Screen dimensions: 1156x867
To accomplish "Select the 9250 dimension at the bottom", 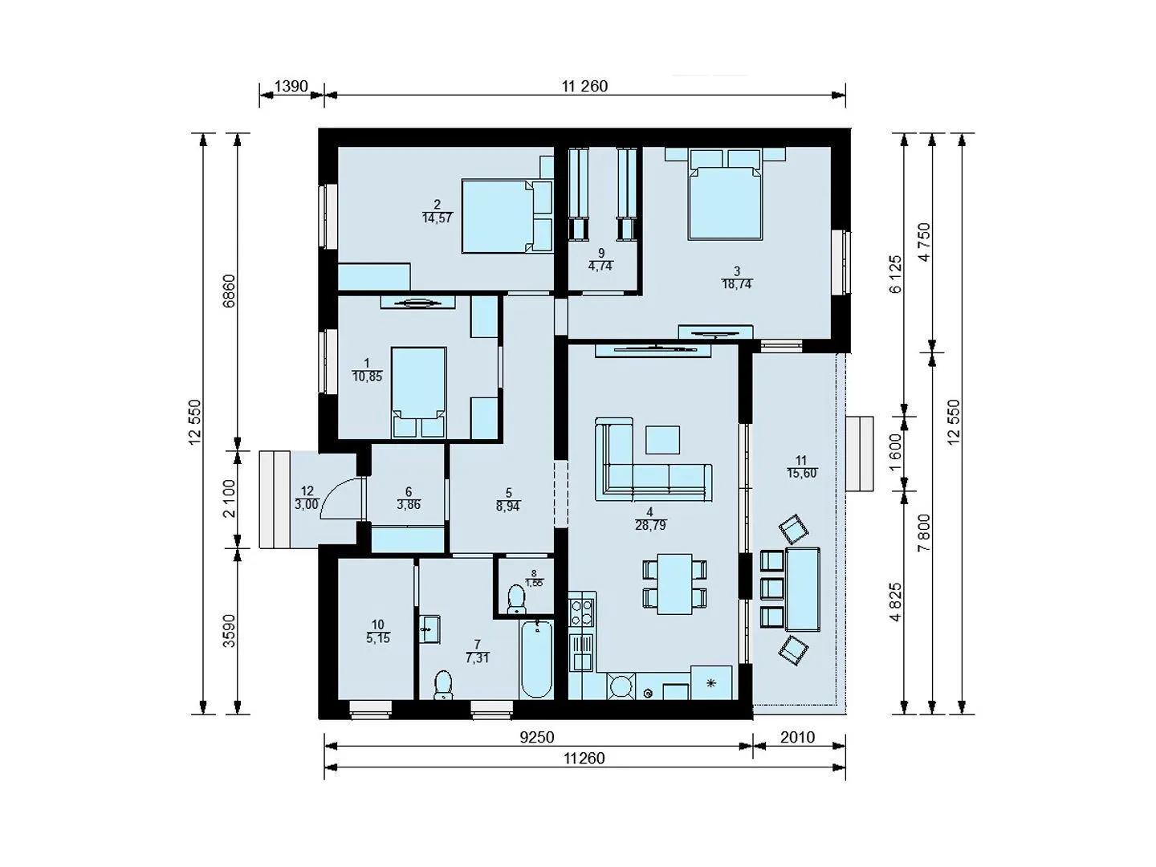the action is coord(537,737).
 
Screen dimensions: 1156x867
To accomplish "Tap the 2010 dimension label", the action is coord(797,737).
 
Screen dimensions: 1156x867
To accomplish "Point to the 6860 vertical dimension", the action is coord(229,291).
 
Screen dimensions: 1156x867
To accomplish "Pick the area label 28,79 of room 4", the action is coord(650,525).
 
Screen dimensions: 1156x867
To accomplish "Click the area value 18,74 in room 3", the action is coord(737,284).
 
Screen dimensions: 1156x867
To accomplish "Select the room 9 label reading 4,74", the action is coord(600,266).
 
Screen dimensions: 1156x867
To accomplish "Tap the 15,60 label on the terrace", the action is coord(801,473).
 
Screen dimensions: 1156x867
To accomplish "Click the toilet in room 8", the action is coord(516,600).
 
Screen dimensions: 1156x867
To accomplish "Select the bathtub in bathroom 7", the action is coord(536,659).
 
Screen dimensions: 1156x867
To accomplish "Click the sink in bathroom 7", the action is coord(429,629).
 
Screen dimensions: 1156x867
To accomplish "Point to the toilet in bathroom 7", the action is coord(443,685).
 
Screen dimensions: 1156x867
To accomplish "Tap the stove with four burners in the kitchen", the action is coord(581,613).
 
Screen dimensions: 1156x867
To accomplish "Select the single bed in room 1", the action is coord(419,393).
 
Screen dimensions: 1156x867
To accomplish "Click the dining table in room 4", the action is coord(674,584).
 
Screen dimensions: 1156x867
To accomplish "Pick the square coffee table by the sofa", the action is coord(662,440).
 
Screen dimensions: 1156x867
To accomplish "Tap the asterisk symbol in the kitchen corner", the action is coord(711,683).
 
